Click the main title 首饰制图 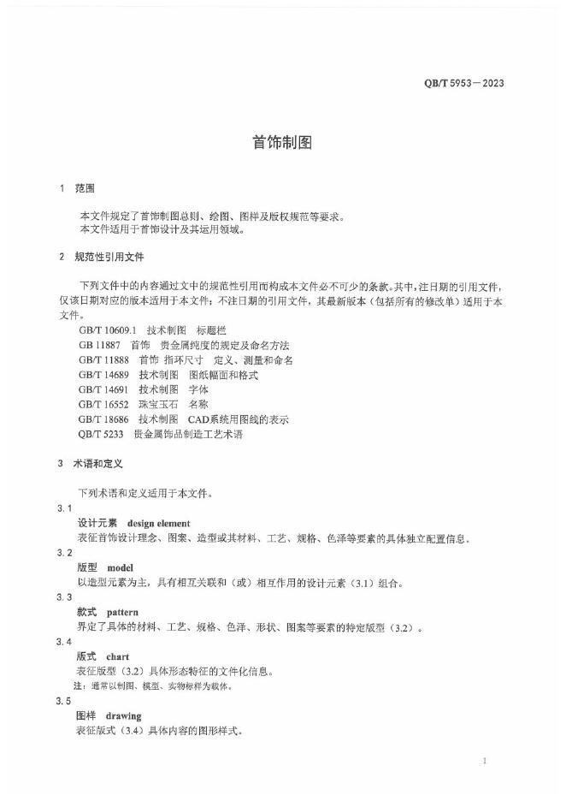(282, 143)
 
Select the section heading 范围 (85, 188)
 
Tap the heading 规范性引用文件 (109, 257)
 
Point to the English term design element (158, 523)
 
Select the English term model (121, 567)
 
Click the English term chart (118, 656)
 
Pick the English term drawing (124, 715)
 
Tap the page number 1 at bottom (485, 761)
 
